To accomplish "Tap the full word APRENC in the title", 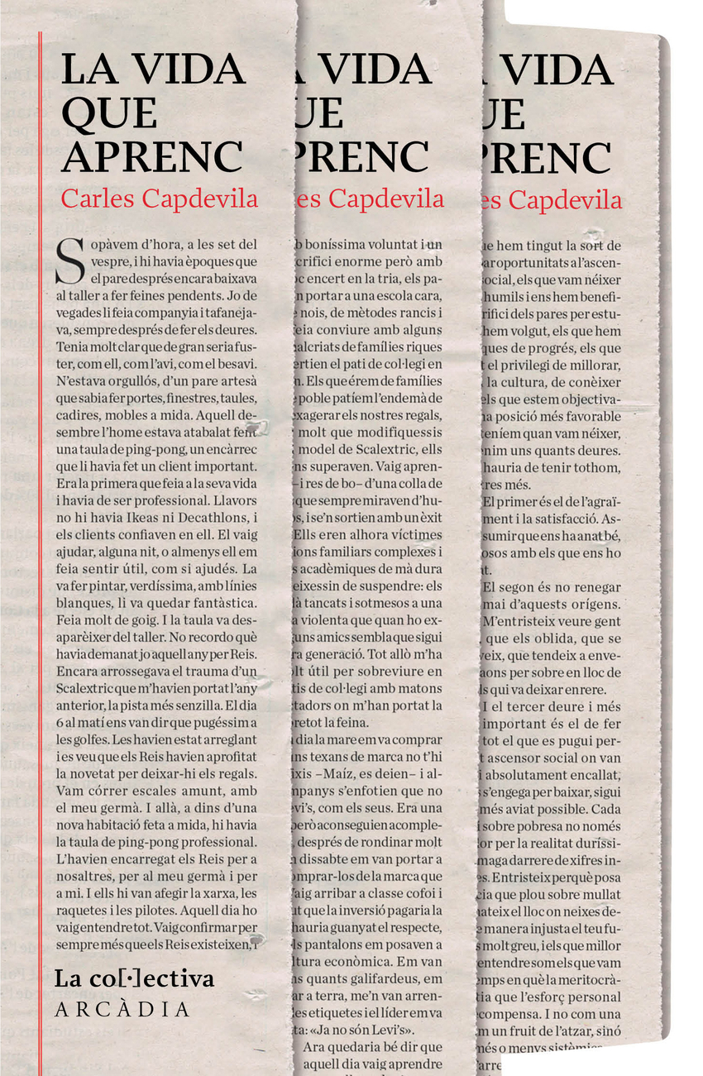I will [x=152, y=156].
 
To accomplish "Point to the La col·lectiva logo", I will [x=134, y=978].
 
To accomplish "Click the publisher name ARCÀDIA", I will [x=122, y=1010].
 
